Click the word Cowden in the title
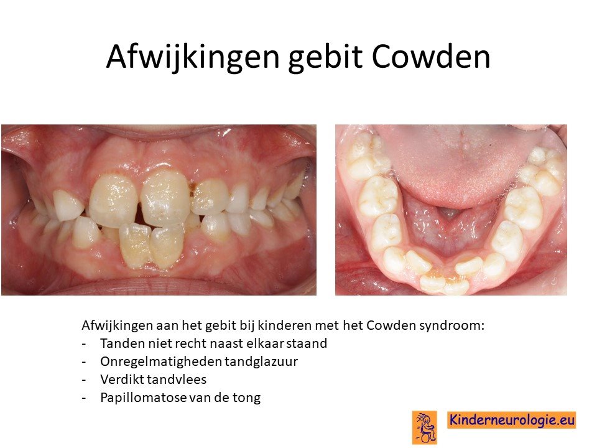click(x=431, y=57)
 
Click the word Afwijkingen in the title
click(x=193, y=57)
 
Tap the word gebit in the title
click(x=325, y=57)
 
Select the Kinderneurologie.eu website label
click(x=512, y=420)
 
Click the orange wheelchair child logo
click(x=425, y=427)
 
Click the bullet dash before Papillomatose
click(x=84, y=398)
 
